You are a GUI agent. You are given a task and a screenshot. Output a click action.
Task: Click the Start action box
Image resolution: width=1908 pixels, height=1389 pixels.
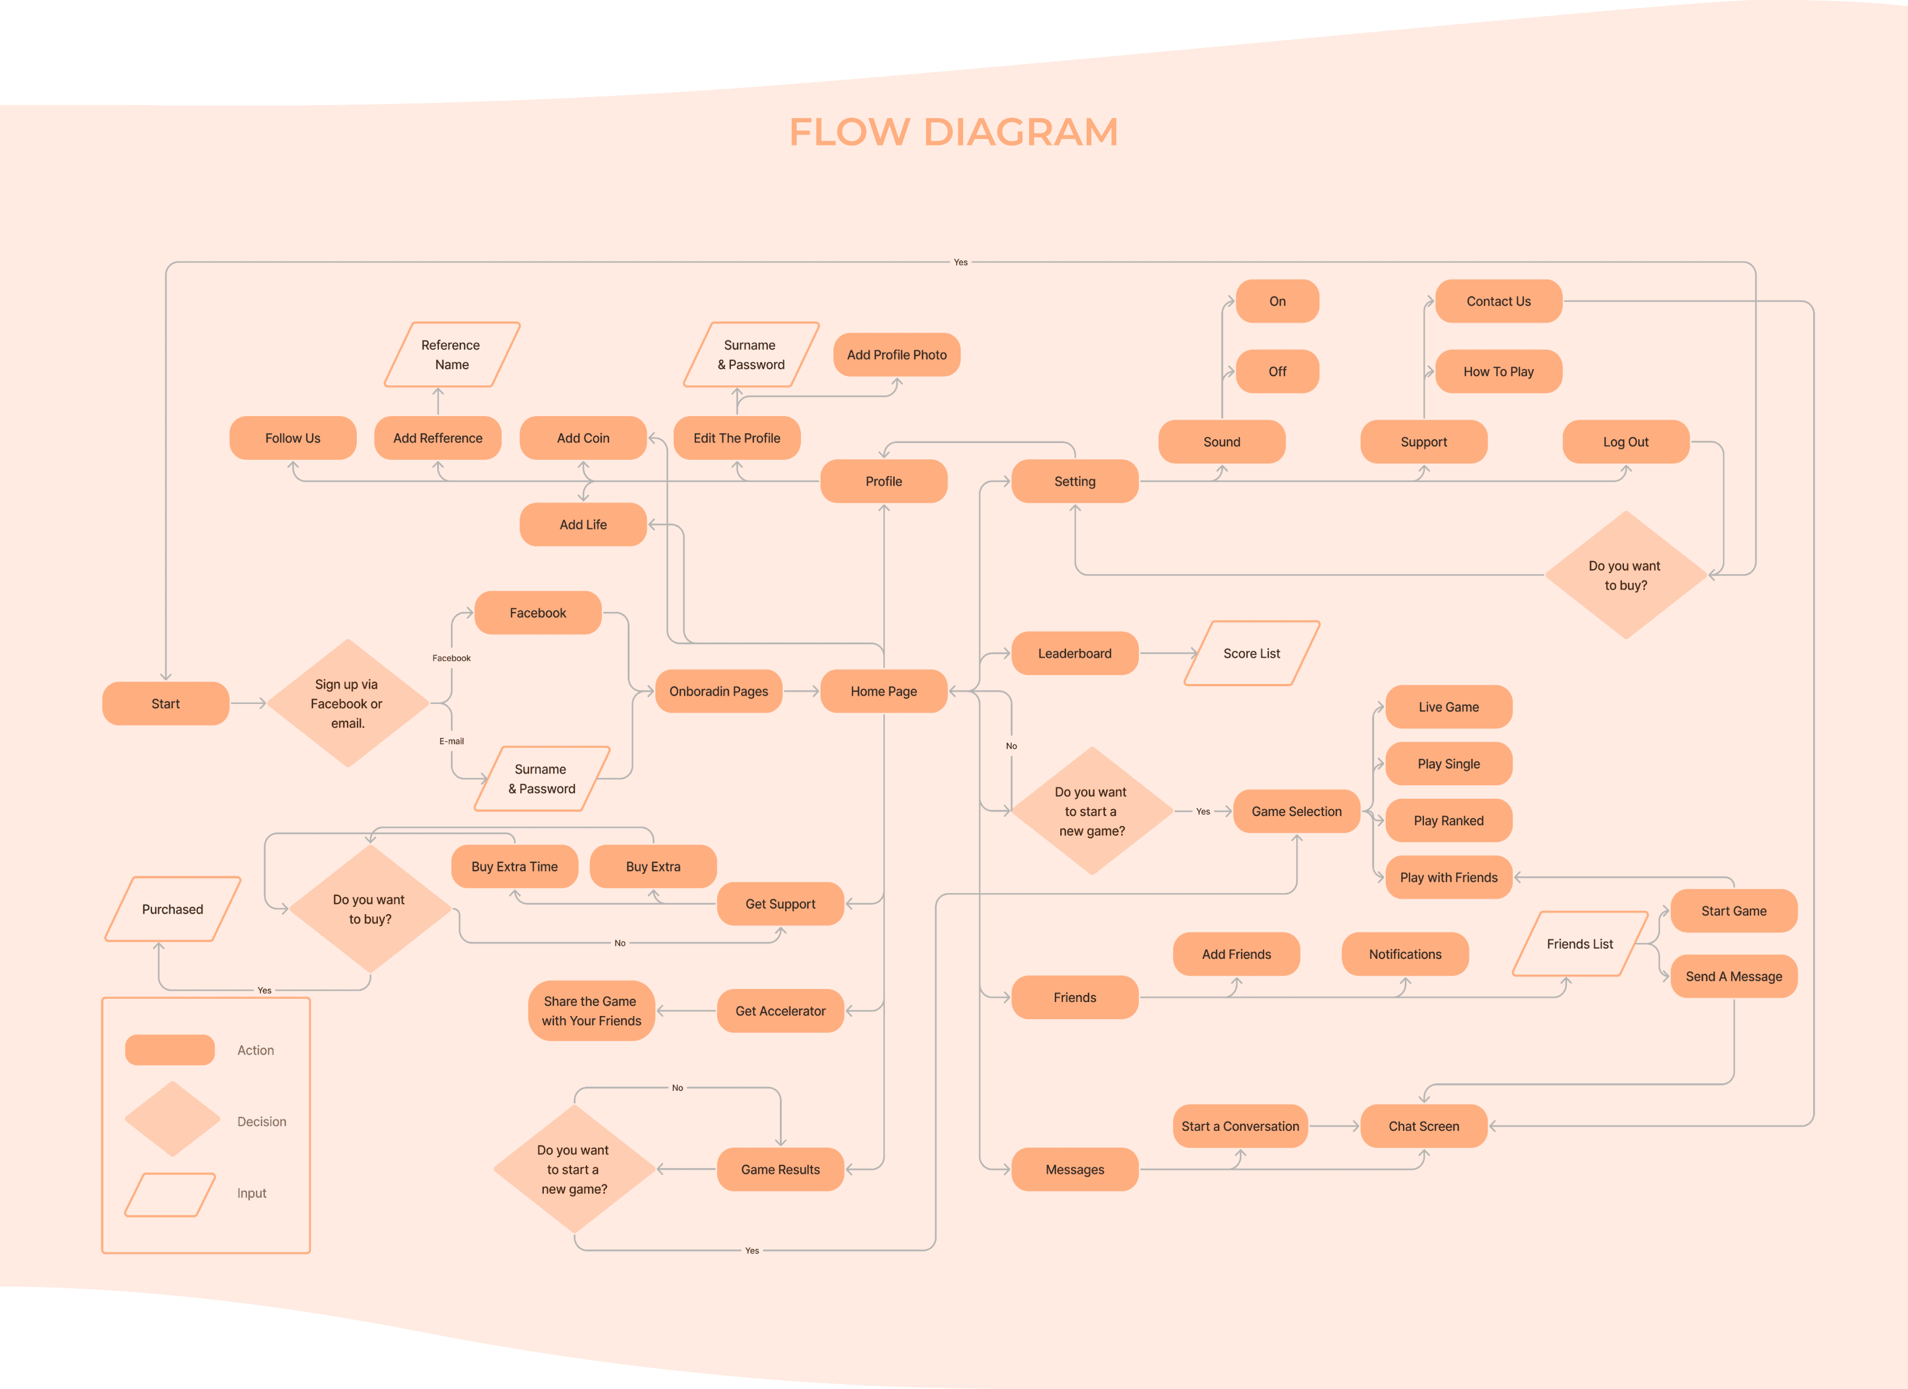pyautogui.click(x=165, y=703)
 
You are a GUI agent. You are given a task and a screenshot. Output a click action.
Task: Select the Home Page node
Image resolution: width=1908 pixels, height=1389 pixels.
pyautogui.click(x=883, y=692)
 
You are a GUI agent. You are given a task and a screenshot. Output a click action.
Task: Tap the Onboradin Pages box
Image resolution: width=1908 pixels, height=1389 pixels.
pyautogui.click(x=718, y=692)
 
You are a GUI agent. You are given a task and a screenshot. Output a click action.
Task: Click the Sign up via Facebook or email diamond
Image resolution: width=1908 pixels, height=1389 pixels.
pyautogui.click(x=348, y=703)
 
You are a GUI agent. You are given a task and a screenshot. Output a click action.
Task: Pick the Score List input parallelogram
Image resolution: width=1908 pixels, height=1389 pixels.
pyautogui.click(x=1252, y=654)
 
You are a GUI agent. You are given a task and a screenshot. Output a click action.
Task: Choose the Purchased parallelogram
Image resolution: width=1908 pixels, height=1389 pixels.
pyautogui.click(x=172, y=909)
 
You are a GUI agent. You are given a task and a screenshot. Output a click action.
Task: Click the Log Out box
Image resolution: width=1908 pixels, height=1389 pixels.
pyautogui.click(x=1626, y=441)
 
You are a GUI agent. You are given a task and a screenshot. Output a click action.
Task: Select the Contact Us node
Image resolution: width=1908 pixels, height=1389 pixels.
pyautogui.click(x=1498, y=301)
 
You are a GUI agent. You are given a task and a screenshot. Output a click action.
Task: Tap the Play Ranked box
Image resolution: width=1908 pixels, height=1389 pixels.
pyautogui.click(x=1449, y=820)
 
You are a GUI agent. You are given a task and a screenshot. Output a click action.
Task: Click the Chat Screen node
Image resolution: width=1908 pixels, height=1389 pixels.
pyautogui.click(x=1423, y=1127)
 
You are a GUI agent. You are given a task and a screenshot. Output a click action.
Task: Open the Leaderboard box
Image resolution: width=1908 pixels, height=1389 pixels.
pyautogui.click(x=1074, y=654)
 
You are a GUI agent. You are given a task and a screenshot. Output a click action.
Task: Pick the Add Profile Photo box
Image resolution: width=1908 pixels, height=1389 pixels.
pyautogui.click(x=897, y=355)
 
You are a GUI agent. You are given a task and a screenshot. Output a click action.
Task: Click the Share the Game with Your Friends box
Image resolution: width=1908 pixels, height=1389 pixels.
pyautogui.click(x=591, y=1011)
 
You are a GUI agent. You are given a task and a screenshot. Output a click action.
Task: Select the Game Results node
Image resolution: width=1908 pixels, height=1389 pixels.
pyautogui.click(x=780, y=1170)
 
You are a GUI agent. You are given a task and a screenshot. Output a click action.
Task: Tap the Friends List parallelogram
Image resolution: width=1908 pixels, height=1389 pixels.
pyautogui.click(x=1580, y=944)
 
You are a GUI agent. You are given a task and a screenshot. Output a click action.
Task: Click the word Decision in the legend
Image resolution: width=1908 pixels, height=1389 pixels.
pyautogui.click(x=261, y=1122)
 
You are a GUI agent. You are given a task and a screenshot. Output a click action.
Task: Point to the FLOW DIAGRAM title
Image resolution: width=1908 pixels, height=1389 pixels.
pyautogui.click(x=953, y=132)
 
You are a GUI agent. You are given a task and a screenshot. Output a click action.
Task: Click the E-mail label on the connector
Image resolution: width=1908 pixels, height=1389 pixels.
pyautogui.click(x=452, y=741)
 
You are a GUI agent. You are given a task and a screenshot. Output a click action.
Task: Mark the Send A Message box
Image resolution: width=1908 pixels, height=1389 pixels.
pyautogui.click(x=1734, y=976)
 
